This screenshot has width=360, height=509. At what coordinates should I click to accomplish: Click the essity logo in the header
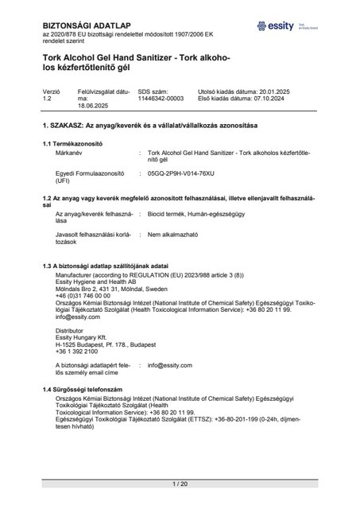click(x=287, y=27)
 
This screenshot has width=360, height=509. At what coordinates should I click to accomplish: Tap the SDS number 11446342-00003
click(x=161, y=121)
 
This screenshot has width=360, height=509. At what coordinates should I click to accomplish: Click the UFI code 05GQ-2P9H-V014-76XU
click(x=187, y=195)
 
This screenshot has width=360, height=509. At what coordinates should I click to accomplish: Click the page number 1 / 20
click(x=180, y=483)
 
